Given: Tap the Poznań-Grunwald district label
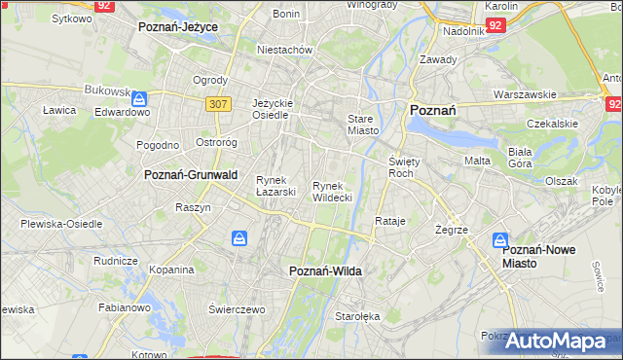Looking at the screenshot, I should click(x=191, y=175).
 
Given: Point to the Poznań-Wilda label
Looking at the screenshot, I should click(x=325, y=272).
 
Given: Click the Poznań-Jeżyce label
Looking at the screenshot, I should click(x=178, y=28).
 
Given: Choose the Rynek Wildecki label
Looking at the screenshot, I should click(x=332, y=191).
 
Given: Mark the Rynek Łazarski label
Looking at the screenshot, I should click(x=275, y=185).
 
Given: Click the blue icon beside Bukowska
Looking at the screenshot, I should click(x=141, y=98).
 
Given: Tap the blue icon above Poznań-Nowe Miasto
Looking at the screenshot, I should click(x=500, y=239).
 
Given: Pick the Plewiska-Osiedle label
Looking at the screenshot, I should click(x=61, y=224).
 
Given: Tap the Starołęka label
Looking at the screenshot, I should click(x=357, y=316).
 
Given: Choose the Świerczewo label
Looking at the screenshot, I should click(x=237, y=308).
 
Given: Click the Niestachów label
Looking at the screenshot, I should click(x=283, y=49).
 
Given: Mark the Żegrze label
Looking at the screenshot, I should click(x=453, y=231).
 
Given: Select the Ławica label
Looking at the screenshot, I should click(x=59, y=110).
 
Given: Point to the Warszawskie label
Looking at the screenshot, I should click(x=525, y=95).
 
